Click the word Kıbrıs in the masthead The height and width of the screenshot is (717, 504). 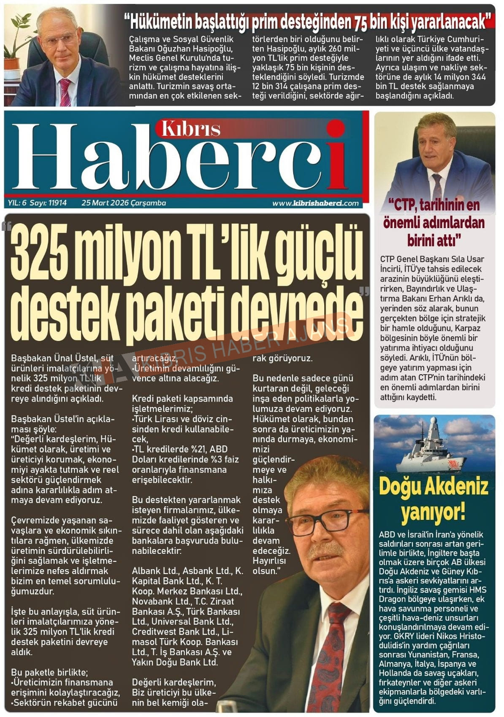coord(191,129)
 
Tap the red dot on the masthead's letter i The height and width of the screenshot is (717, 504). coord(336,128)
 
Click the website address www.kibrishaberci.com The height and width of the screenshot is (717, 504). coord(315,203)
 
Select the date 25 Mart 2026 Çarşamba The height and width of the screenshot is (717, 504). coord(124,203)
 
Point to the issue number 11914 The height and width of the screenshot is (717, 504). coord(57,203)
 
